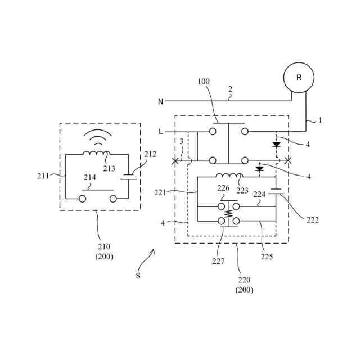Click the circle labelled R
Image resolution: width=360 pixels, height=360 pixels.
(x=299, y=78)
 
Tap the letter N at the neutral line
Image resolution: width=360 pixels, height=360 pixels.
(x=160, y=102)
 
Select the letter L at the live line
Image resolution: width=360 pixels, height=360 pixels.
(x=161, y=132)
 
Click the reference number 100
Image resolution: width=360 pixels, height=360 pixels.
(x=204, y=82)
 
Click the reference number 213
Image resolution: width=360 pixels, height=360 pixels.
(x=109, y=168)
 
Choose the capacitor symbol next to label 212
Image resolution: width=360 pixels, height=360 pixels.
(x=129, y=177)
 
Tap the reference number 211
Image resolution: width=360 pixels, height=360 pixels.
(x=43, y=175)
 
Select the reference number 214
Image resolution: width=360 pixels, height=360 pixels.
(x=90, y=177)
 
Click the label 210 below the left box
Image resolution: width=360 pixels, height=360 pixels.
(x=104, y=246)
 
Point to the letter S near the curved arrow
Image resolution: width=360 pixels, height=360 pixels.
(x=138, y=276)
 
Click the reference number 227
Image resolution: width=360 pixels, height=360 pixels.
(x=218, y=261)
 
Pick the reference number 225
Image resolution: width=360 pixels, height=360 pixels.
(x=267, y=256)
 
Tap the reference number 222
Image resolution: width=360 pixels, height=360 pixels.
(x=313, y=220)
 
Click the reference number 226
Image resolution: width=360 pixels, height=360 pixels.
(x=224, y=188)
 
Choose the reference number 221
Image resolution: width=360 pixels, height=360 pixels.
(x=161, y=192)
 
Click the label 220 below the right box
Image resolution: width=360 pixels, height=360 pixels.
(x=244, y=280)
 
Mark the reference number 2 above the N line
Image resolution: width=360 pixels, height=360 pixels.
(x=230, y=89)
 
